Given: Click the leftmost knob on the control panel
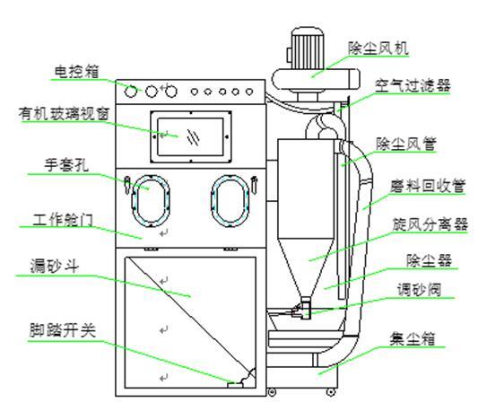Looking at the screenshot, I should (132, 92).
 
